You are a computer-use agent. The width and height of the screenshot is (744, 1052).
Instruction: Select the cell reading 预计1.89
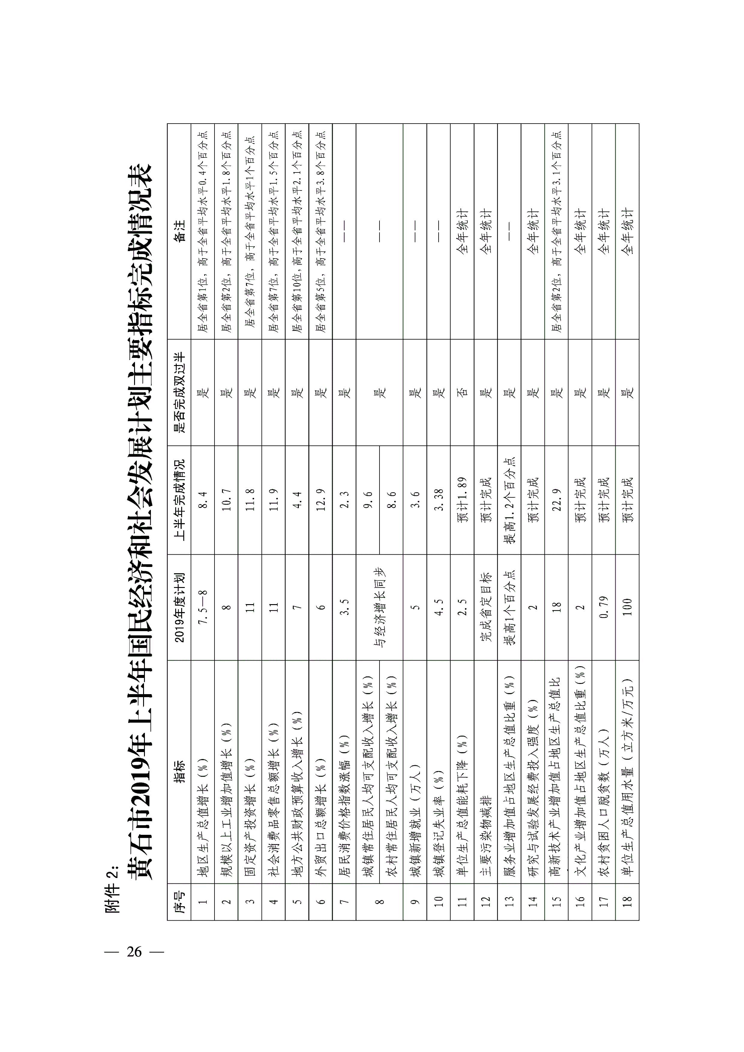(x=462, y=500)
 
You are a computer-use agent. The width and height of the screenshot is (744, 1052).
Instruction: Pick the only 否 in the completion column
(x=462, y=392)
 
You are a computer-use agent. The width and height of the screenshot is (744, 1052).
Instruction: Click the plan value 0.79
(x=604, y=607)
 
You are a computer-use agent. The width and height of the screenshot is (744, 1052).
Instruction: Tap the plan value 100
(x=627, y=607)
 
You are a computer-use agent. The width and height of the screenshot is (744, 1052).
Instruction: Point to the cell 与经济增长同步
(x=379, y=607)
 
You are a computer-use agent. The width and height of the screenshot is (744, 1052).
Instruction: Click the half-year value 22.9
(x=556, y=500)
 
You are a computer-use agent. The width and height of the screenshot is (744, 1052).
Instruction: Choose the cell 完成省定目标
(x=486, y=607)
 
